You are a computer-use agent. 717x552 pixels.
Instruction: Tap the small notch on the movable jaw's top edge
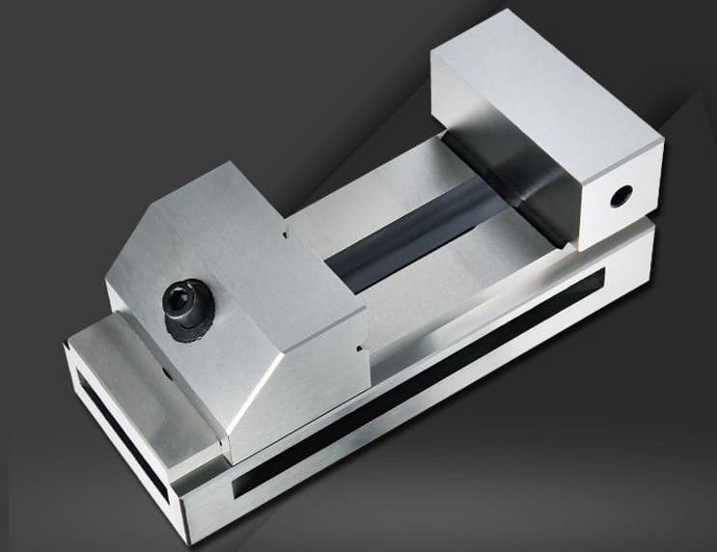point(286,232)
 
